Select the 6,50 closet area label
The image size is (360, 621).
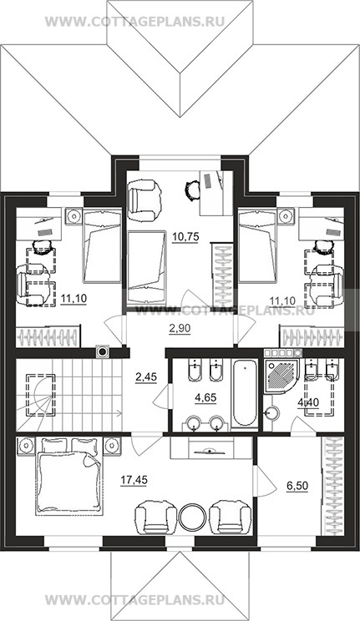[297, 486]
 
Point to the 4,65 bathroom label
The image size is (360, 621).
[205, 397]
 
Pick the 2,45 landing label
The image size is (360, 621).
[146, 377]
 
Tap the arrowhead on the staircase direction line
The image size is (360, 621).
[119, 414]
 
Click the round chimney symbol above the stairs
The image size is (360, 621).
[103, 351]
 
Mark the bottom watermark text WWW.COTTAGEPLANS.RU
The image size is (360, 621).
[134, 598]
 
